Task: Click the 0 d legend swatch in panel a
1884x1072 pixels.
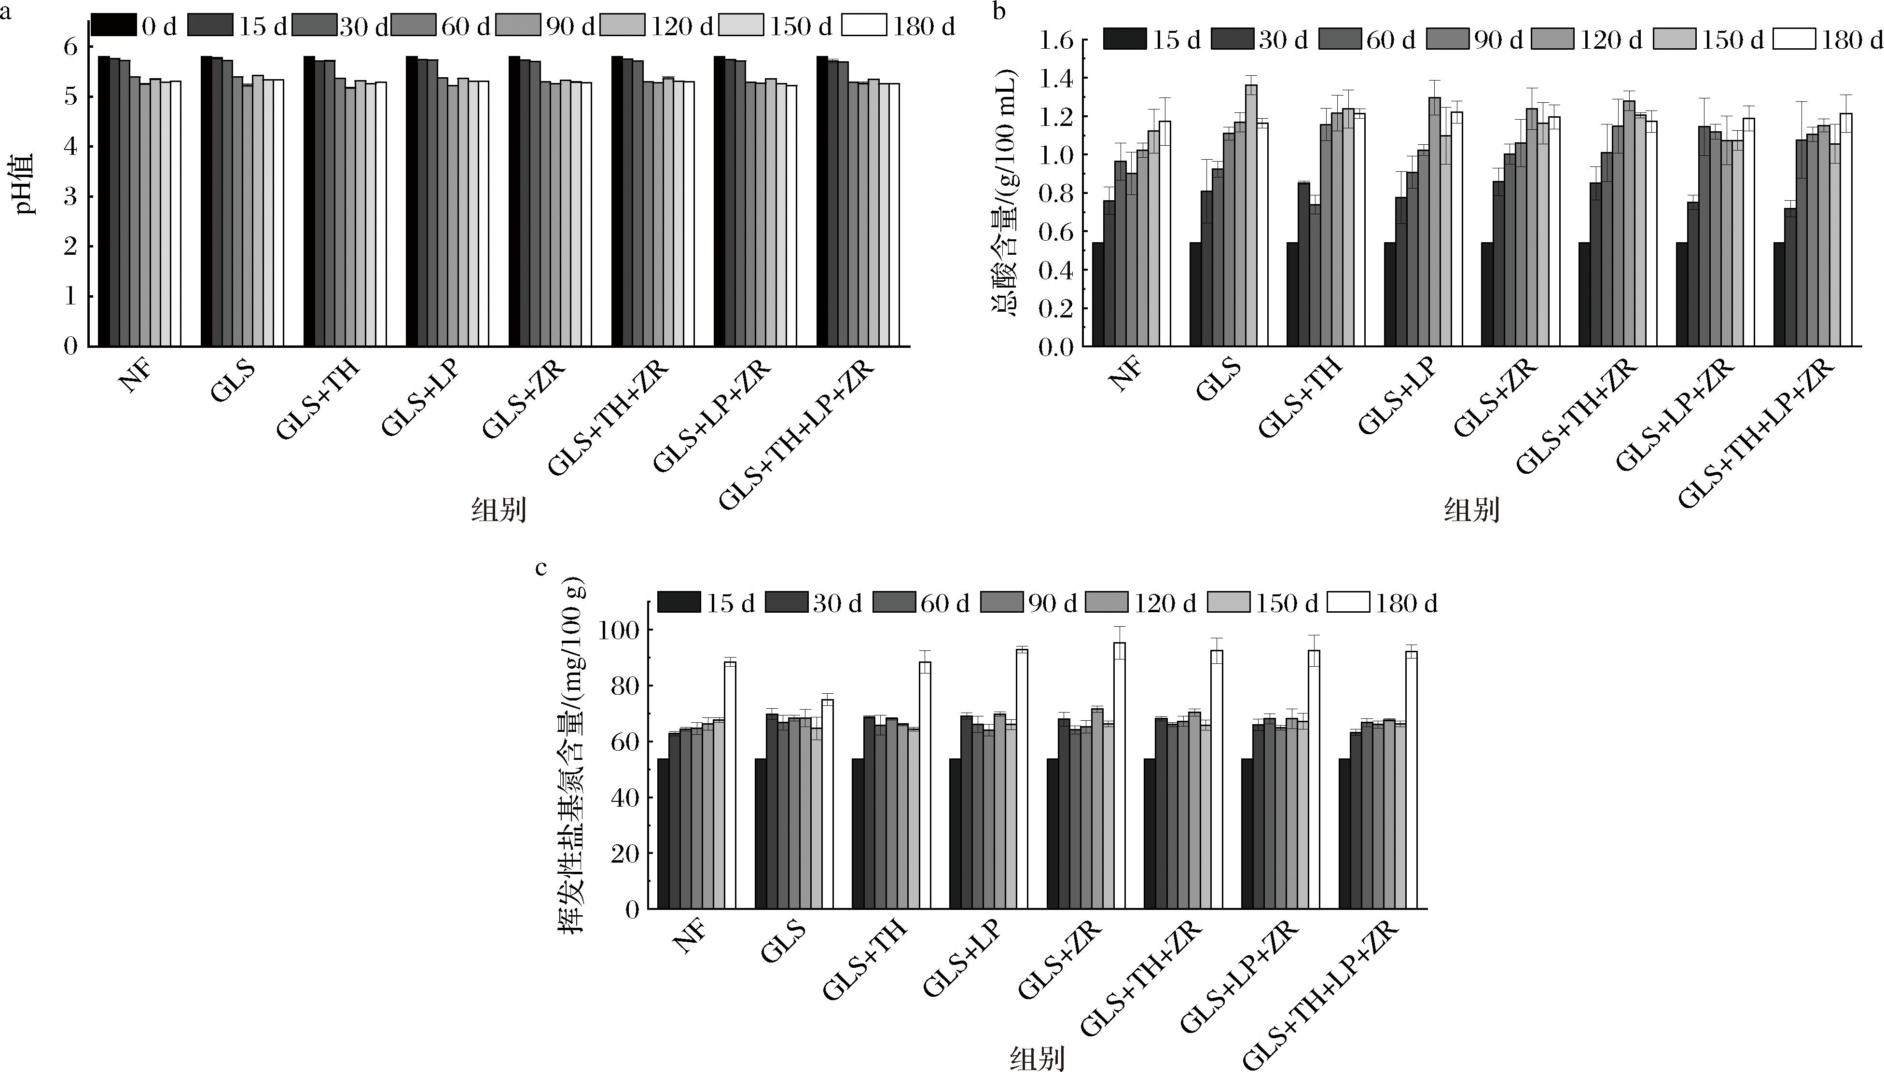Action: point(113,26)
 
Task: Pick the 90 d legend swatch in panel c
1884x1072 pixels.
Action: point(1001,602)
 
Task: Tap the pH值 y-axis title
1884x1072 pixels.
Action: point(26,184)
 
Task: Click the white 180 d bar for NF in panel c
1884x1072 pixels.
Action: point(730,784)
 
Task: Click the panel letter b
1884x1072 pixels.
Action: point(999,12)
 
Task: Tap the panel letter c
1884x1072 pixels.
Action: point(541,568)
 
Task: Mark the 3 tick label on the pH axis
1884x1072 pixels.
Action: point(70,196)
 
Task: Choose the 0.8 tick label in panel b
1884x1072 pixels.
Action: point(1056,193)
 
